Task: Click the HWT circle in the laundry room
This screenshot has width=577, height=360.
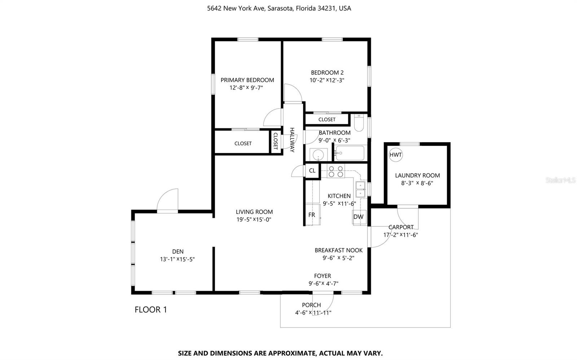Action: tap(395, 155)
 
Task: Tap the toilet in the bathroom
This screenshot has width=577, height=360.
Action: tap(359, 123)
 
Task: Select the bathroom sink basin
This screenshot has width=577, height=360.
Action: tap(318, 155)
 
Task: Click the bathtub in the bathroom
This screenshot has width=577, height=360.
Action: tap(350, 153)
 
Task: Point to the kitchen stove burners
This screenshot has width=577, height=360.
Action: tap(336, 172)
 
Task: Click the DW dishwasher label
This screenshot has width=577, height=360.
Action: tap(358, 217)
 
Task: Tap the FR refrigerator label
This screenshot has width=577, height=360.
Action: tap(312, 215)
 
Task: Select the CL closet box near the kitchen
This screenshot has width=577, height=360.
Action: tap(312, 170)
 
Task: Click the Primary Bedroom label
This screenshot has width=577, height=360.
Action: tap(247, 80)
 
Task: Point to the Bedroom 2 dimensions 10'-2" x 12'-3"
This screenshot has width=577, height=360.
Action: tap(327, 80)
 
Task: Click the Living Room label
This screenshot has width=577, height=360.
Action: tap(254, 212)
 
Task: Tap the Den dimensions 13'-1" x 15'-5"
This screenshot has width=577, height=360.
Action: tap(177, 259)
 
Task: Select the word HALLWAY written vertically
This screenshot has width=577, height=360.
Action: tap(292, 140)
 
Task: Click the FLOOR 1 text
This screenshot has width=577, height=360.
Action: tap(151, 309)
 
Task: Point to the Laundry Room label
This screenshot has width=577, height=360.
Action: tap(417, 175)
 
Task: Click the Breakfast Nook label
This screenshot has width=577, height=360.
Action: tap(339, 250)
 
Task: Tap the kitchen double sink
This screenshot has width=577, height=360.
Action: tap(360, 189)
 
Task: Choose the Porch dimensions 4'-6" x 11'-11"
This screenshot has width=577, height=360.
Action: tap(313, 313)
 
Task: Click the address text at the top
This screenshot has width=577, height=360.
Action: tap(279, 9)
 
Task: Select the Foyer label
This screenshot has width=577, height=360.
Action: tap(322, 276)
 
